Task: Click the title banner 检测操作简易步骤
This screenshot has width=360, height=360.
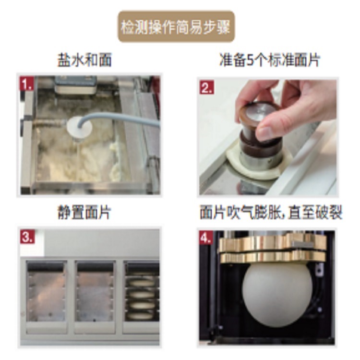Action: [x=176, y=26]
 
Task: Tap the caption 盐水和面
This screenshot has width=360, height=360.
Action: [x=84, y=60]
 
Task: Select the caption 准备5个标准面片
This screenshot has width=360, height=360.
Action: [x=270, y=60]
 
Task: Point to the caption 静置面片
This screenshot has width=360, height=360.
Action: [x=84, y=212]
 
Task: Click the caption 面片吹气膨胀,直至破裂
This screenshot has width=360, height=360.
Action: [x=271, y=212]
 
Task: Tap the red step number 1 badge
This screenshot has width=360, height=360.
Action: [x=27, y=84]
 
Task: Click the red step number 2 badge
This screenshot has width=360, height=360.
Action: [x=206, y=87]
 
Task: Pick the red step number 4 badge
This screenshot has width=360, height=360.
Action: [x=206, y=238]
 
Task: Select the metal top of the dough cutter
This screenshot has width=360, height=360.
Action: [x=259, y=112]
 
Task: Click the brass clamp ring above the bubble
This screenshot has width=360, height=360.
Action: [x=273, y=249]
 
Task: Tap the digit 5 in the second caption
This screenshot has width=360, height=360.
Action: [x=250, y=60]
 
